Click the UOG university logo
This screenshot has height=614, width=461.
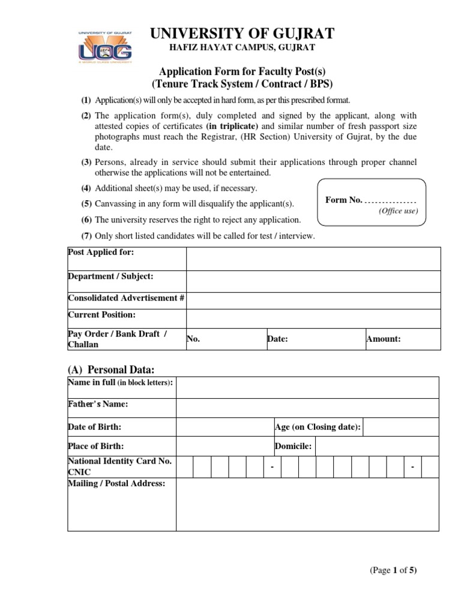pos(105,47)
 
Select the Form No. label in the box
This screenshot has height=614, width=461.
pos(344,200)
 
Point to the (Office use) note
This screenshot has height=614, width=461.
pos(398,211)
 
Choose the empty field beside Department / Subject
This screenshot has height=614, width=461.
pos(313,281)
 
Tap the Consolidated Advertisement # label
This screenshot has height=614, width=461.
pos(126,298)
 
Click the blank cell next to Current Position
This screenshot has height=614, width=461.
pos(313,318)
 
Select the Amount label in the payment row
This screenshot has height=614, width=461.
pos(384,339)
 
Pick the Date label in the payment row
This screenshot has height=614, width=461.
pos(278,339)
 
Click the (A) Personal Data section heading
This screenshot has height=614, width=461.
pos(115,369)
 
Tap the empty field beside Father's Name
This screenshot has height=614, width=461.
pos(307,408)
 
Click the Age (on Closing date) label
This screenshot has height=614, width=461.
pos(318,427)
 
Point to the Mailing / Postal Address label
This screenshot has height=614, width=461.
pos(116,483)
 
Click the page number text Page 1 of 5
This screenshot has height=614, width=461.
pos(393,571)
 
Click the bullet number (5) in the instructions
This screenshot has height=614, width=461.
pos(86,204)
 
